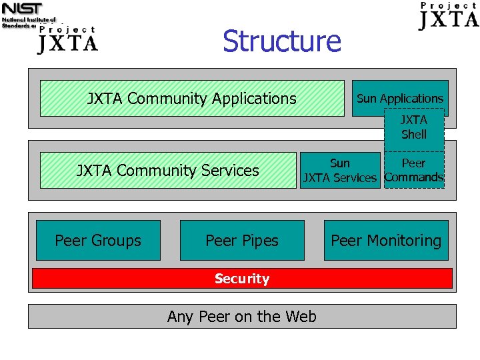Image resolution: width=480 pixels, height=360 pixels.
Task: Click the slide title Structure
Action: (281, 41)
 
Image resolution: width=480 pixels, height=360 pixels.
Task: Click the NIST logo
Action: (22, 9)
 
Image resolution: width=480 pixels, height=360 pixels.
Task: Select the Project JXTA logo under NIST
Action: (67, 40)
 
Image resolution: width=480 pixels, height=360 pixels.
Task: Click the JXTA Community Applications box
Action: (192, 99)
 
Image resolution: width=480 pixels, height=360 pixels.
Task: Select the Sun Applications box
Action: (399, 99)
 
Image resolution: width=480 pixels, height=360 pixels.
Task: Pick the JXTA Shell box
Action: (414, 127)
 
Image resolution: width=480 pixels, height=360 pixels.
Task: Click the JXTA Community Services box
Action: (167, 171)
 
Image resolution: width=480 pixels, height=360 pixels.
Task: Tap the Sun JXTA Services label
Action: (339, 171)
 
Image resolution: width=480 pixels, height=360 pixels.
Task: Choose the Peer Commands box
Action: (414, 171)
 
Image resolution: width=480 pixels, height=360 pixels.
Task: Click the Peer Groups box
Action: (98, 241)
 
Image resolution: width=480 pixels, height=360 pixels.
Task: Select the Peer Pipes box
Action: (242, 241)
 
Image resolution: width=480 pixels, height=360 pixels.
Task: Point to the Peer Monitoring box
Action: (386, 241)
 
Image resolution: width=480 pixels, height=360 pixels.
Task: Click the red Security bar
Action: (242, 279)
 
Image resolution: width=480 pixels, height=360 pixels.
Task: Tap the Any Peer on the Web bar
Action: (242, 317)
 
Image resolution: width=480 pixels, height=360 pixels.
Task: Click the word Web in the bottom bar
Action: (301, 317)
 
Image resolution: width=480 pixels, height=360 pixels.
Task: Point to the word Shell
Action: (414, 135)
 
